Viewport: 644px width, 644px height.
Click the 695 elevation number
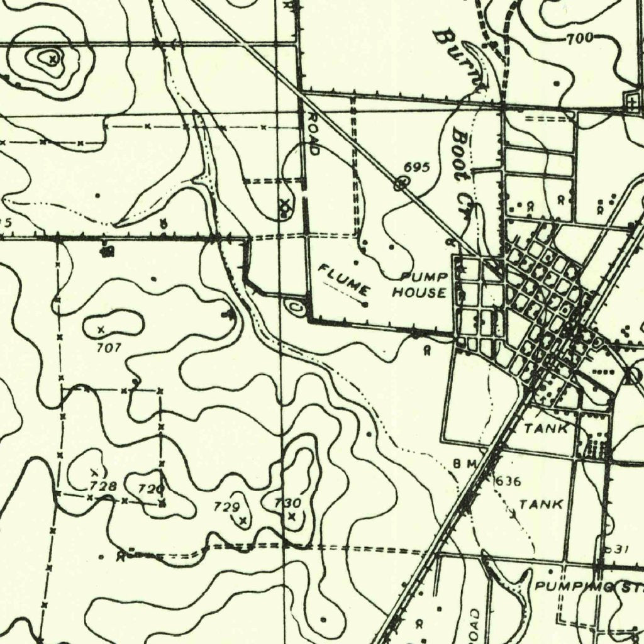pyautogui.click(x=416, y=167)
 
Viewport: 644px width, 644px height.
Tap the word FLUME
pyautogui.click(x=343, y=280)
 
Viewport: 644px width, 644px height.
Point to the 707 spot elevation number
pyautogui.click(x=109, y=347)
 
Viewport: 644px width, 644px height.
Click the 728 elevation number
pyautogui.click(x=103, y=486)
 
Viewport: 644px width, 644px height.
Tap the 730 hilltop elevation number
pyautogui.click(x=288, y=502)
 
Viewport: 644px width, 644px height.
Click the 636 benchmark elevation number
pyautogui.click(x=508, y=482)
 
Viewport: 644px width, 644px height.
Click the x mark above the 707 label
pyautogui.click(x=100, y=329)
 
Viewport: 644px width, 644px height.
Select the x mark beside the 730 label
pyautogui.click(x=291, y=516)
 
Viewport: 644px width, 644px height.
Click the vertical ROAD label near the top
pyautogui.click(x=314, y=134)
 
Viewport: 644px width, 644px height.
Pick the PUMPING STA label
pyautogui.click(x=589, y=586)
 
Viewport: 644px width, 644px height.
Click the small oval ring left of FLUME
pyautogui.click(x=294, y=307)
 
